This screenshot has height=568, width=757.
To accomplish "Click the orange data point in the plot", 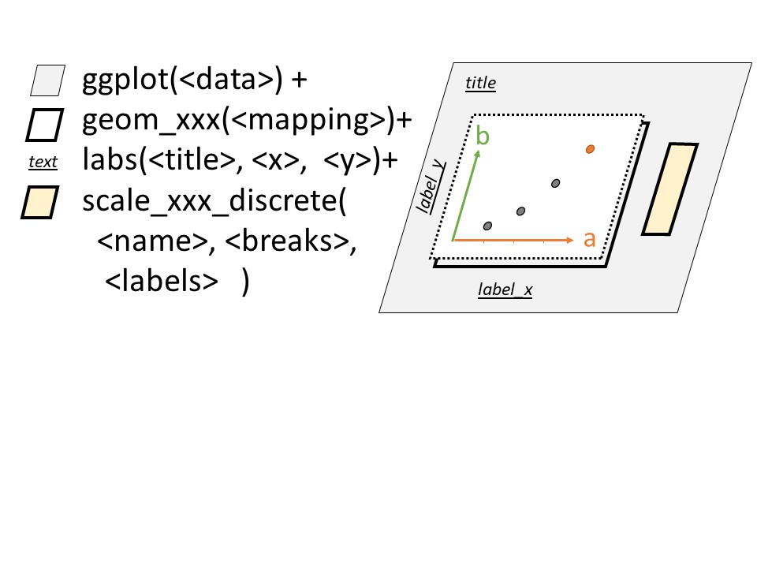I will (x=590, y=148).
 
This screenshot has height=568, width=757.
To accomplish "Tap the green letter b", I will (x=483, y=136).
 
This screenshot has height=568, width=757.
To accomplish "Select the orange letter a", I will (x=589, y=239).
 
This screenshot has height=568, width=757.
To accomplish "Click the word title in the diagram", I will (x=480, y=82).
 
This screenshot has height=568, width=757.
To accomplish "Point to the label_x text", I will (x=505, y=290).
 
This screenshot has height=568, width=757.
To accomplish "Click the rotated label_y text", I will (x=430, y=186).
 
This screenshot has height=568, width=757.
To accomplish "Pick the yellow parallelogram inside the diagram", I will (x=670, y=189).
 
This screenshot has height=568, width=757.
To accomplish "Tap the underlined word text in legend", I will (x=43, y=163).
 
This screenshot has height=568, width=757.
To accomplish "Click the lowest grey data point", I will (x=487, y=226).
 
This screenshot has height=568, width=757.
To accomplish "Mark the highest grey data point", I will (x=556, y=183).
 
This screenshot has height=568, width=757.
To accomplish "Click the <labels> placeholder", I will (x=162, y=283).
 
